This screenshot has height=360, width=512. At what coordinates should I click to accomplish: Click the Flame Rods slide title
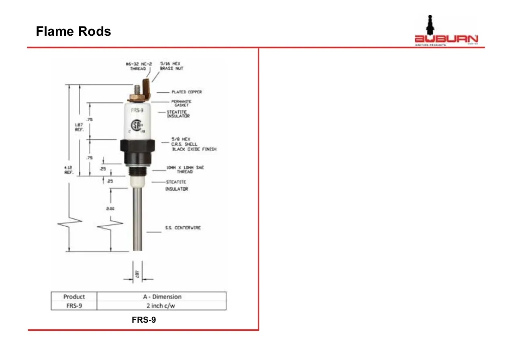tap(73, 31)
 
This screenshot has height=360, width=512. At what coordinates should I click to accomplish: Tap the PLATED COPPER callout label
tap(187, 92)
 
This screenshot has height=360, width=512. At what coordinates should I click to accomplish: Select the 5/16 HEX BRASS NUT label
tap(172, 66)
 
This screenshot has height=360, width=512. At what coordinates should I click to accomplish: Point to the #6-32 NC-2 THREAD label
tap(138, 66)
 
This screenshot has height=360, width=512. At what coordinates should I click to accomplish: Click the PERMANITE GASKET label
tap(182, 103)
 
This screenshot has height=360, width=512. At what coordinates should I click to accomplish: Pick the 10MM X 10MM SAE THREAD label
tap(185, 169)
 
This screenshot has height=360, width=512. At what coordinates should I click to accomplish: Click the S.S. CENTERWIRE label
tap(183, 228)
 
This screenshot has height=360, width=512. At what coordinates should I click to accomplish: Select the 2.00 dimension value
tap(110, 209)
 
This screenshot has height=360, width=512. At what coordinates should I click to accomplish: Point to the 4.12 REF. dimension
tap(68, 170)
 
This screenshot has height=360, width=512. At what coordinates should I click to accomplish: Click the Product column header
tap(74, 297)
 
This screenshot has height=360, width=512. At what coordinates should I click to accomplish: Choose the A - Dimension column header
tap(162, 297)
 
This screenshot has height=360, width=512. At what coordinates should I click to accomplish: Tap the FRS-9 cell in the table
tap(74, 305)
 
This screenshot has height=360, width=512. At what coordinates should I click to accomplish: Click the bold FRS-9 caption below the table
tap(144, 320)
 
